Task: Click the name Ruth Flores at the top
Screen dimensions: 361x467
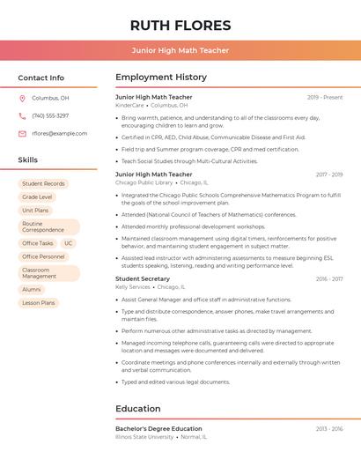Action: coord(180,25)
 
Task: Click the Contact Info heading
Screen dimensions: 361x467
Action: coord(41,78)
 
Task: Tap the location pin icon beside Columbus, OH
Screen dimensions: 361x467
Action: coord(22,98)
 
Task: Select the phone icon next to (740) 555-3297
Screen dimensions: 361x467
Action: coord(22,115)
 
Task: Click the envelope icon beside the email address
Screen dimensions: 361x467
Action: coord(22,133)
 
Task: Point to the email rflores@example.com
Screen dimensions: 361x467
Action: coord(60,133)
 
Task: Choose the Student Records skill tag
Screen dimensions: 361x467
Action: coord(43,183)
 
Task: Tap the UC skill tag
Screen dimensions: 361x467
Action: coord(68,243)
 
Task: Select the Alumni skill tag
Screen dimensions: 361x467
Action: coord(32,289)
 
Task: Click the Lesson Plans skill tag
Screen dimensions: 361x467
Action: coord(39,303)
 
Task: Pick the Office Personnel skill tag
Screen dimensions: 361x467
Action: coord(43,256)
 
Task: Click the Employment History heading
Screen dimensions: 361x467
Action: coord(161,78)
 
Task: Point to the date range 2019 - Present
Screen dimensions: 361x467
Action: coord(325,97)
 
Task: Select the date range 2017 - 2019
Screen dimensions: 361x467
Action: coord(328,174)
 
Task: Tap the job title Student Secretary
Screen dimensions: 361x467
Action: coord(143,278)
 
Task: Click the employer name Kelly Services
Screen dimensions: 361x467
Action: coord(133,286)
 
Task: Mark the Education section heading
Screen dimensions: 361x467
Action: coord(139,409)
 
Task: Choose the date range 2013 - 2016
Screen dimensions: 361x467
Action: coord(328,429)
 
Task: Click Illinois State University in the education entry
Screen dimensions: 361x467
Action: coord(144,437)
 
